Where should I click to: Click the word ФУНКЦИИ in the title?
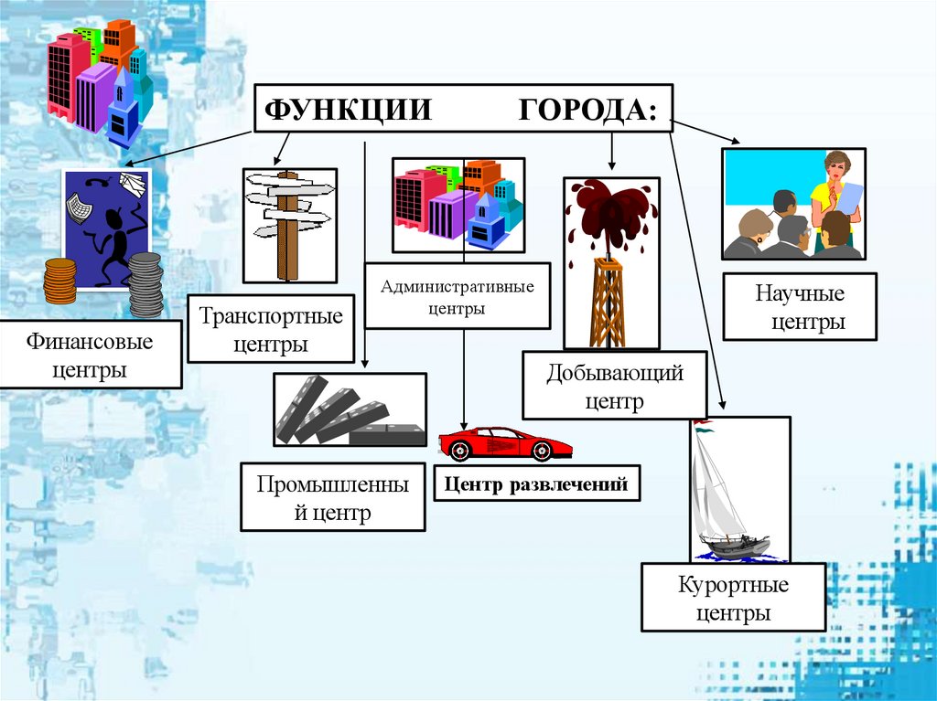pyautogui.click(x=348, y=110)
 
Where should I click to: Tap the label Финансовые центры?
pyautogui.click(x=90, y=356)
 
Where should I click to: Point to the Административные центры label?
pyautogui.click(x=458, y=297)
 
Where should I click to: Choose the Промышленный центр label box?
pyautogui.click(x=333, y=497)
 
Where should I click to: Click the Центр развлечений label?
pyautogui.click(x=536, y=484)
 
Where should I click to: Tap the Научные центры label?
pyautogui.click(x=800, y=308)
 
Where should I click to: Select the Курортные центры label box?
pyautogui.click(x=734, y=598)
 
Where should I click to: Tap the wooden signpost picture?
pyautogui.click(x=288, y=224)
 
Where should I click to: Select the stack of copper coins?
pyautogui.click(x=60, y=281)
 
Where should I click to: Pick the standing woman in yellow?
pyautogui.click(x=835, y=196)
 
